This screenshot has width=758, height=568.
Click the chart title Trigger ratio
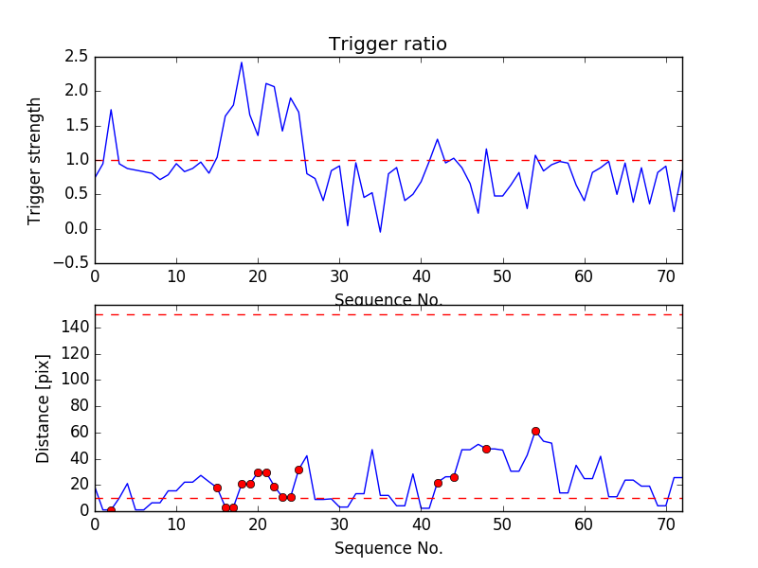[388, 44]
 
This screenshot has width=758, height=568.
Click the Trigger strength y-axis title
[35, 160]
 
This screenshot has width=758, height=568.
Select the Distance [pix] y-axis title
[43, 408]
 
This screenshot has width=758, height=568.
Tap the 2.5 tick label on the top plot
[77, 57]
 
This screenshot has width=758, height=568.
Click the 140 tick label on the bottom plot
[73, 327]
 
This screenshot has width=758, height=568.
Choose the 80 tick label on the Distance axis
[77, 405]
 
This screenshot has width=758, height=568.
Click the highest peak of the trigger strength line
[242, 62]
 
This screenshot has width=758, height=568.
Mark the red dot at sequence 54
[535, 431]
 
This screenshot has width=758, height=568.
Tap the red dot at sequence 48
[486, 449]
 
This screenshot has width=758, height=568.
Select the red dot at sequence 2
[111, 510]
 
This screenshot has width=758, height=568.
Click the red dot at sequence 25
[298, 470]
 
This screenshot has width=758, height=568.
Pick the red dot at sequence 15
[217, 488]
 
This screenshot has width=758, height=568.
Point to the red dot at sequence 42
[438, 483]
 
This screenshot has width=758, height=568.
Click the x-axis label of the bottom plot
[388, 548]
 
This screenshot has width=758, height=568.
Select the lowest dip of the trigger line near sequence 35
[380, 232]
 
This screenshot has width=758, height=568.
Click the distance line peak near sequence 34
[372, 450]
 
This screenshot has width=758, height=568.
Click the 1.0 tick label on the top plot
[77, 160]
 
